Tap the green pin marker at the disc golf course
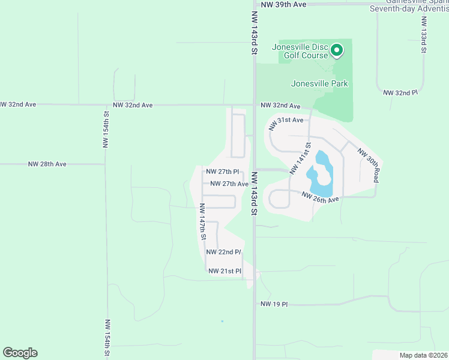click(337, 50)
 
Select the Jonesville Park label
click(319, 84)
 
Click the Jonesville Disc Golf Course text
click(300, 51)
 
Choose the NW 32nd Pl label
click(400, 93)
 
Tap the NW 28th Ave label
click(47, 164)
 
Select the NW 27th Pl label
click(223, 172)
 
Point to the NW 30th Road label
click(369, 165)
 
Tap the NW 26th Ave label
click(321, 197)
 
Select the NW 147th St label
click(203, 222)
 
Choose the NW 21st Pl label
click(224, 271)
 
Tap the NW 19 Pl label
click(274, 304)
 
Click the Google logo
click(20, 353)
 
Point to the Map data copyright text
click(423, 355)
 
